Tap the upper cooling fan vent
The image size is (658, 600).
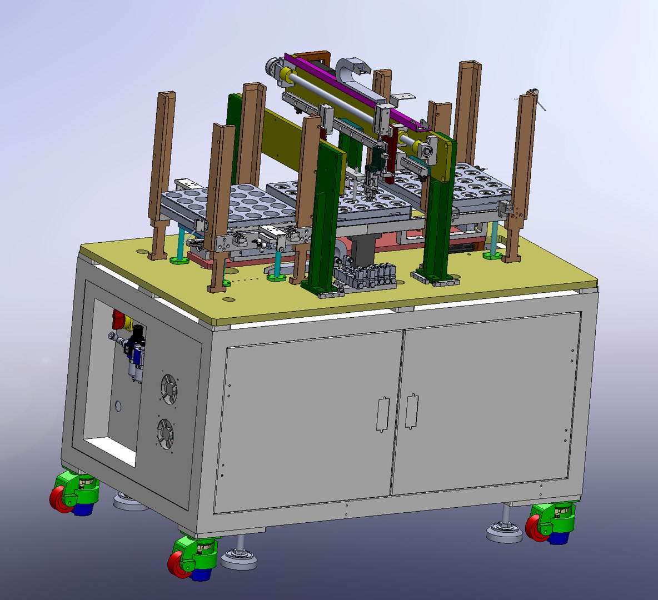point(168,388)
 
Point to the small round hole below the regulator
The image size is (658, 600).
point(118,406)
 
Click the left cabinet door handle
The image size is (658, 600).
point(381,413)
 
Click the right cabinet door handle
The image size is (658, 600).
point(411,411)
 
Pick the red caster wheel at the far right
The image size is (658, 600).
point(535,528)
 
